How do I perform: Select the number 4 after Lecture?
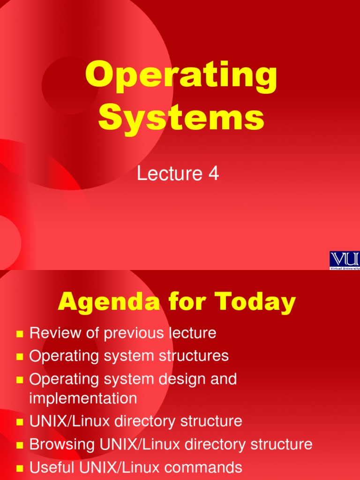click(214, 174)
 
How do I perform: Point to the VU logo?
click(345, 259)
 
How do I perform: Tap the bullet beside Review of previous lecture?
click(20, 334)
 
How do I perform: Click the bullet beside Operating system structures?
click(20, 357)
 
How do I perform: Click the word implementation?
click(83, 398)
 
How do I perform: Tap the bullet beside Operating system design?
click(20, 380)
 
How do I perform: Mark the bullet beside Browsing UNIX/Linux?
click(20, 445)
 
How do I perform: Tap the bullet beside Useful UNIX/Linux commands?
click(20, 468)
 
